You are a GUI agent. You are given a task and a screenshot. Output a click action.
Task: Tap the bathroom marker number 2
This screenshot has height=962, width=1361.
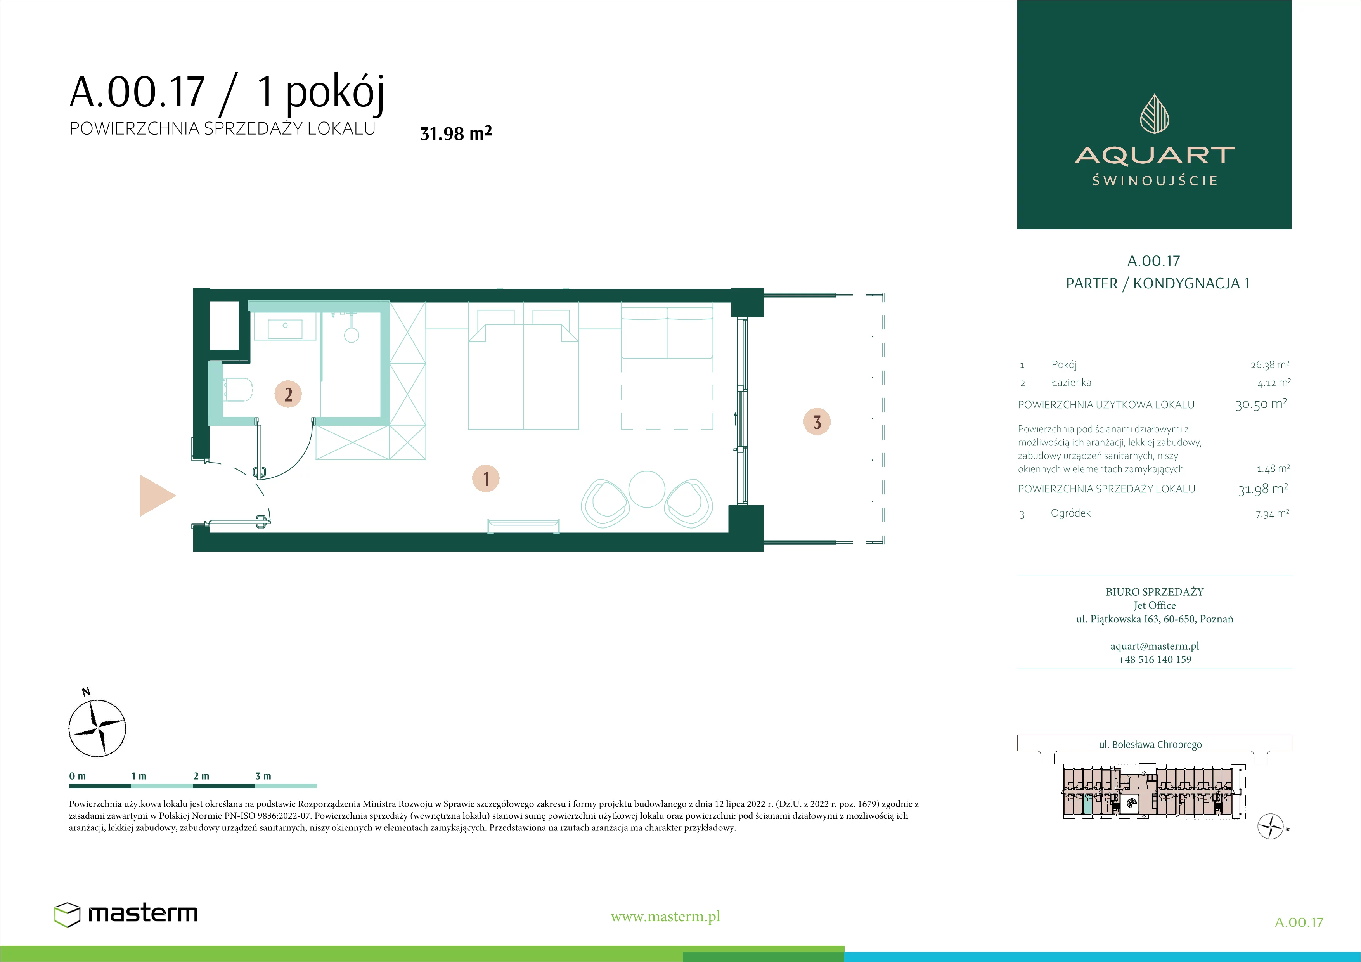(288, 394)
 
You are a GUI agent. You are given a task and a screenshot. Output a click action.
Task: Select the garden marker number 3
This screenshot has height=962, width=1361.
(817, 422)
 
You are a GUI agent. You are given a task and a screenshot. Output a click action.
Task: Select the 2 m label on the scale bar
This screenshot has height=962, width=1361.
(201, 776)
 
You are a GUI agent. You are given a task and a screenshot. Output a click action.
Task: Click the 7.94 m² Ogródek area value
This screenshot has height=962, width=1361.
(1272, 514)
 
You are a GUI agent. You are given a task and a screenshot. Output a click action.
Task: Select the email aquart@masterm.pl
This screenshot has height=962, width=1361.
(1155, 646)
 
